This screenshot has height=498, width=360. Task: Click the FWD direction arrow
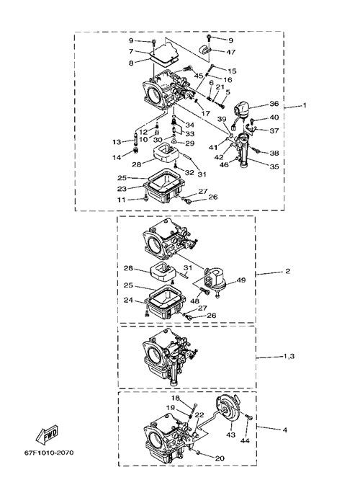[x=48, y=434]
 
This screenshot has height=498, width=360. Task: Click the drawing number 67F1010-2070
[x=49, y=453]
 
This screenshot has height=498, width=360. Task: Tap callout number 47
[x=231, y=52]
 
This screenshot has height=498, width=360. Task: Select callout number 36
[x=274, y=104]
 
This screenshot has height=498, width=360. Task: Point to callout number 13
[x=117, y=142]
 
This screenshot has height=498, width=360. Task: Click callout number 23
[x=122, y=189]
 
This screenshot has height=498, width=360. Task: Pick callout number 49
[x=241, y=280]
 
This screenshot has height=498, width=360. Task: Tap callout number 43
[x=231, y=434]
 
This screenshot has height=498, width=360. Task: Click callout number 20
[x=220, y=458]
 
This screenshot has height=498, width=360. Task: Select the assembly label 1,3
[x=289, y=356]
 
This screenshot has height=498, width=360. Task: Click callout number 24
[x=128, y=300]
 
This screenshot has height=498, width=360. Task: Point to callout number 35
[x=274, y=166]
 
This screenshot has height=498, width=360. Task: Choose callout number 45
[x=199, y=76]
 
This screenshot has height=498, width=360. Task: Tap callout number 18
[x=176, y=398]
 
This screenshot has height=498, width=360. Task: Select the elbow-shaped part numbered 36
[x=243, y=110]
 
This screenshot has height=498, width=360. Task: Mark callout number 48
[x=194, y=300]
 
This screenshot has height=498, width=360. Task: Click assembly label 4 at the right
[x=285, y=430]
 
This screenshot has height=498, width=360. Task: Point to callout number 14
[x=117, y=157]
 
